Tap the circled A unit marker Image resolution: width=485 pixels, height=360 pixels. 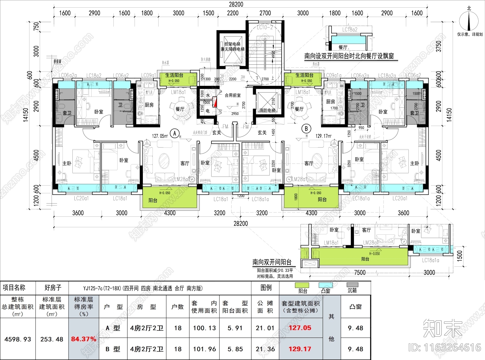[175, 133]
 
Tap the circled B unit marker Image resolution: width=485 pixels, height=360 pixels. [306, 129]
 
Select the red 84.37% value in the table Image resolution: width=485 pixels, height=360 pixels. [84, 339]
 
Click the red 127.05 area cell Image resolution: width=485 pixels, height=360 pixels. [300, 328]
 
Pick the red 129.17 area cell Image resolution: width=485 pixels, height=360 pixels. [300, 349]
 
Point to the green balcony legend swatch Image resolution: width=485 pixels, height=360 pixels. [302, 285]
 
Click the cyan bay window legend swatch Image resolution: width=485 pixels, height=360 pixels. [325, 285]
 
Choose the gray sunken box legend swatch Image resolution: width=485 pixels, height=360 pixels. [352, 285]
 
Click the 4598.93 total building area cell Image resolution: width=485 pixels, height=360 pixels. [18, 339]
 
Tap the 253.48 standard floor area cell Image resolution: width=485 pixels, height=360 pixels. [52, 339]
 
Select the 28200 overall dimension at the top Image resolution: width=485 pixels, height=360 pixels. [236, 4]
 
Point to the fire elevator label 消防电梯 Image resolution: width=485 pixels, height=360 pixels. [267, 110]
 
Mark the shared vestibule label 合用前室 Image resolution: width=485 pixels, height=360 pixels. [233, 95]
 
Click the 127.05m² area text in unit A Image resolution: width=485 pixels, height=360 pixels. [160, 136]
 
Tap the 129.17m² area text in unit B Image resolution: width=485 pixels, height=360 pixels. [323, 136]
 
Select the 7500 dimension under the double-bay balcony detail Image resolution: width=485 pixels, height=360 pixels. [360, 272]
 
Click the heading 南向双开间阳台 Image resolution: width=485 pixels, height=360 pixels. [272, 262]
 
